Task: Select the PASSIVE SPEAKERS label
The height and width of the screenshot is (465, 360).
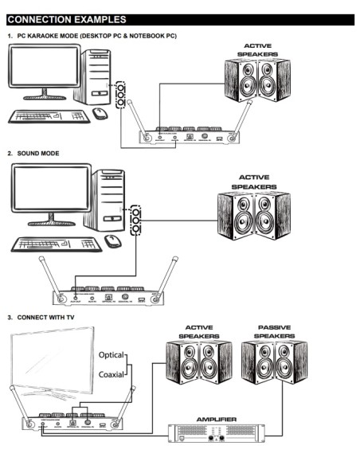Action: pyautogui.click(x=272, y=331)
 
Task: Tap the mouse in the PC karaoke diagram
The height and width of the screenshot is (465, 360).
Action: pyautogui.click(x=100, y=113)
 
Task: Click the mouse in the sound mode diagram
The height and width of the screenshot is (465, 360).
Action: pyautogui.click(x=113, y=240)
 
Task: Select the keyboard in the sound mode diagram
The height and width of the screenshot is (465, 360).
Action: pyautogui.click(x=56, y=244)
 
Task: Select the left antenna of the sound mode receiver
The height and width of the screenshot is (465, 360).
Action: pyautogui.click(x=48, y=275)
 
